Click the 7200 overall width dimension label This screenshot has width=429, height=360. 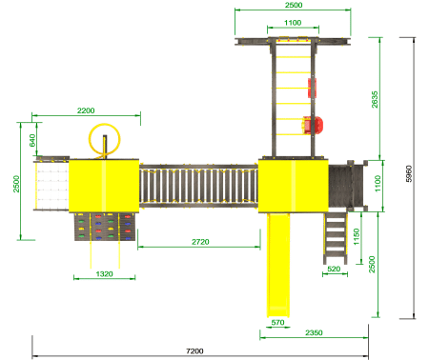tap(194, 350)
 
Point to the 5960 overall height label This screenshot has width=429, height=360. tap(409, 173)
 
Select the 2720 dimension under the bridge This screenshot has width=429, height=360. tap(200, 242)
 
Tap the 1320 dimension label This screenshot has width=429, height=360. tap(104, 273)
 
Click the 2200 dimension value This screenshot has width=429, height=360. tap(86, 110)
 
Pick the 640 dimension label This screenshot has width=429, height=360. tap(32, 141)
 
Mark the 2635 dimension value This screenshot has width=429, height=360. tap(375, 99)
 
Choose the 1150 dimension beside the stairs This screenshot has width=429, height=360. tap(357, 236)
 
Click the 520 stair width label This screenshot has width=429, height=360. tap(334, 269)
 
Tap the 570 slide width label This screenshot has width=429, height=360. tap(277, 322)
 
